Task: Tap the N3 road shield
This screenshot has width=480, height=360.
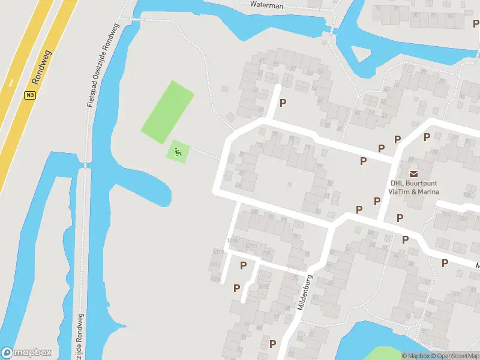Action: pyautogui.click(x=30, y=95)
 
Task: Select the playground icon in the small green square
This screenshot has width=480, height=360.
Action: pyautogui.click(x=178, y=152)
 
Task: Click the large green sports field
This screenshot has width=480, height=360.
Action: pyautogui.click(x=167, y=112)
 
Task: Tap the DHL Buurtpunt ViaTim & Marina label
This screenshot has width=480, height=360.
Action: pyautogui.click(x=414, y=188)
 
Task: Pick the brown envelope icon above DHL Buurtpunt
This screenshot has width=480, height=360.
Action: pyautogui.click(x=414, y=173)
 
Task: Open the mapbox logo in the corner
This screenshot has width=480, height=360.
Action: pyautogui.click(x=26, y=353)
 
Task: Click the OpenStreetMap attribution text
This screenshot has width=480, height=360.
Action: pyautogui.click(x=455, y=356)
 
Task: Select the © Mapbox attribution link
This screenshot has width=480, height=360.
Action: pyautogui.click(x=416, y=356)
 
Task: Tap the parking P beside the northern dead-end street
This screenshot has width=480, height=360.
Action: pyautogui.click(x=283, y=103)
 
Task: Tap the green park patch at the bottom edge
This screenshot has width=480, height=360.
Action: pyautogui.click(x=384, y=353)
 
